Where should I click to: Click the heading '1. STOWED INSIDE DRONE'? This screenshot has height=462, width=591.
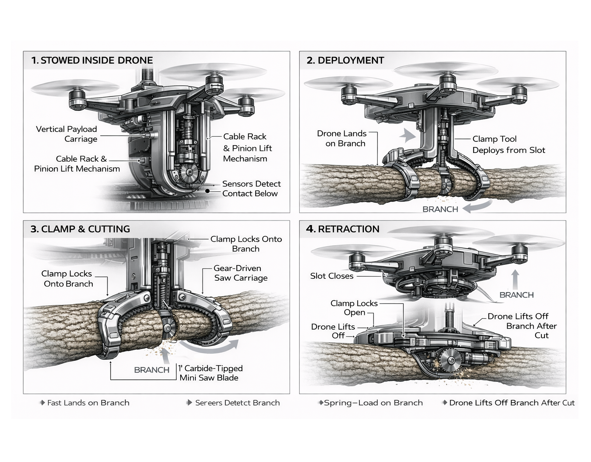92,60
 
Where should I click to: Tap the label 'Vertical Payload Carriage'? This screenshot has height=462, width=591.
66,134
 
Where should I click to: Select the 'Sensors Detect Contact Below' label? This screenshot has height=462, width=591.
251,189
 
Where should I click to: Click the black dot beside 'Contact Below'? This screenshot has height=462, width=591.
208,191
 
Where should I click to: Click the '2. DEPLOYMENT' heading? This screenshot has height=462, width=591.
345,60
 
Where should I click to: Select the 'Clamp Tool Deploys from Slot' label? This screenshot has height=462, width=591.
508,144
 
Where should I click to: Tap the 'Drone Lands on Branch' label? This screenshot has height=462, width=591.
342,138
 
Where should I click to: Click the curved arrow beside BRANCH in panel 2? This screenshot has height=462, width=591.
476,207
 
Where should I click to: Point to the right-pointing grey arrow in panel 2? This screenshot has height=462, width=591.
408,135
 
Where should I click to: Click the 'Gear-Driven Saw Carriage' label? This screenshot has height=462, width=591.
240,273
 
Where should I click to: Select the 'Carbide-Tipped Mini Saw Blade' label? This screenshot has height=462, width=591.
211,373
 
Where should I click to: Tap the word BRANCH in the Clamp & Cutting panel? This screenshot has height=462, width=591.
151,370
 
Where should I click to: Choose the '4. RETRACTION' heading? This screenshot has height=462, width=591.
343,229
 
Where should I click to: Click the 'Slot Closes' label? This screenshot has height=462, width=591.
332,276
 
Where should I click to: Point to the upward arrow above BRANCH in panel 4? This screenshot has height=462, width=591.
516,279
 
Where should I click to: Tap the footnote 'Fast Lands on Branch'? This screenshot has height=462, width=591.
88,403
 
